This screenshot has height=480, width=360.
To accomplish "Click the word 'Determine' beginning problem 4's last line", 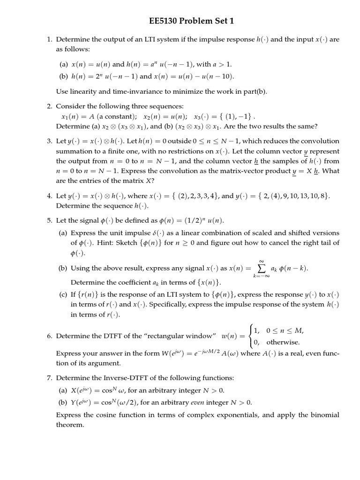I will coord(71,206).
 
